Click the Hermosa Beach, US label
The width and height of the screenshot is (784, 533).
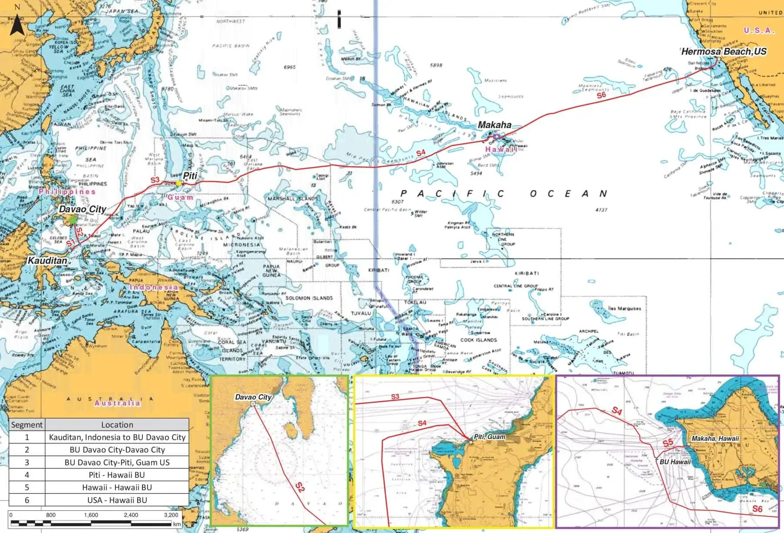[723, 51]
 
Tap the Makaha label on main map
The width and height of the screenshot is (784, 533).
[494, 125]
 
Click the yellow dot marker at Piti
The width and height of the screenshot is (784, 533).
[179, 183]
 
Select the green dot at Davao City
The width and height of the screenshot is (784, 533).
[73, 220]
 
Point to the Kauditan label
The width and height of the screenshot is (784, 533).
[47, 261]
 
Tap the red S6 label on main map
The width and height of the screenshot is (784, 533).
[601, 95]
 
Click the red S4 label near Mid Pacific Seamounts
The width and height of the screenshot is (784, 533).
[421, 153]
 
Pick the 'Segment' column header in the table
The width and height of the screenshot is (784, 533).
[27, 425]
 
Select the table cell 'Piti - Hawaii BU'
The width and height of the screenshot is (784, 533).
[117, 475]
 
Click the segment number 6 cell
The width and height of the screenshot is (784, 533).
[27, 500]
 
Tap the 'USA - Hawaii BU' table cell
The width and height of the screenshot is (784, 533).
[117, 500]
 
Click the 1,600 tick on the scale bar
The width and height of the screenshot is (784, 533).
[91, 515]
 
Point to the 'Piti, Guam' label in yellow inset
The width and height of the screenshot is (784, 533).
[490, 436]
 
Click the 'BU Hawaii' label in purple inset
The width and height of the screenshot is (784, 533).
[675, 462]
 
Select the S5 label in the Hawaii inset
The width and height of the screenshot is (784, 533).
[668, 443]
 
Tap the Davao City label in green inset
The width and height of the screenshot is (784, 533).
[253, 397]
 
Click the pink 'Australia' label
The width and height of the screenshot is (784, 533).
[118, 403]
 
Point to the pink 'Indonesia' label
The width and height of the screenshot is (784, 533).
[154, 287]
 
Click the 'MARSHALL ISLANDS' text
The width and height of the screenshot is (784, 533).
[293, 198]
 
